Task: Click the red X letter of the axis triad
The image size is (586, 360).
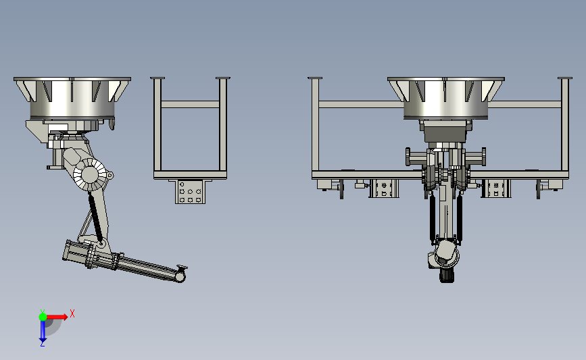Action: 72,313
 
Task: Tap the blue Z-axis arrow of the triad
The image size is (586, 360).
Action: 43,331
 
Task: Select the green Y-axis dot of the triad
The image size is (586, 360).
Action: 43,317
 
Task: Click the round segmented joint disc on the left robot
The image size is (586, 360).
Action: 90,174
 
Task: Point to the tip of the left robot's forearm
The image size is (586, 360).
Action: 180,277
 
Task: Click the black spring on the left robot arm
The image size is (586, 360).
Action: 95,216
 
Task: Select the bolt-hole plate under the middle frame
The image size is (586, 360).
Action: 190,192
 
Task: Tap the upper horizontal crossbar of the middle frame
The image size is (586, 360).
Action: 190,104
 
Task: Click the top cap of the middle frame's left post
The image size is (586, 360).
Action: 157,78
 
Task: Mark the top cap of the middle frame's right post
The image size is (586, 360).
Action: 223,78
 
